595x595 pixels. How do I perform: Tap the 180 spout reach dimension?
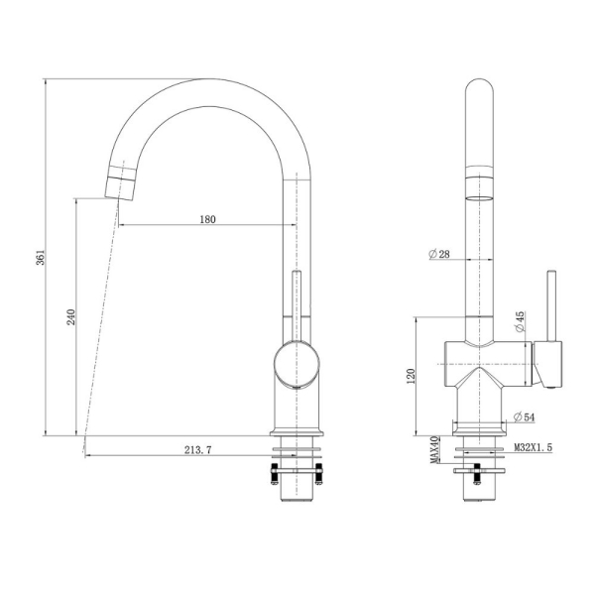[x=207, y=219]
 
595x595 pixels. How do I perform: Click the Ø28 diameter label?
[x=439, y=255]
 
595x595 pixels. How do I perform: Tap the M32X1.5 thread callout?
[x=533, y=448]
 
